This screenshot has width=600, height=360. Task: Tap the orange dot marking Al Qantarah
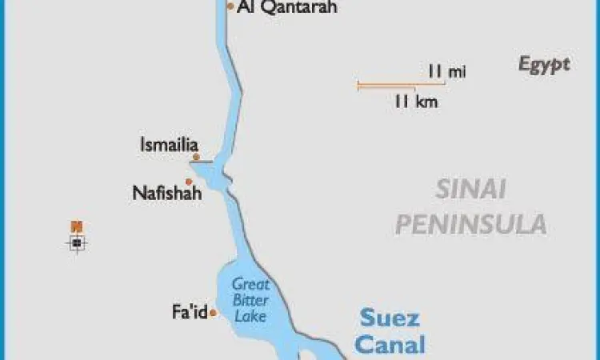(x=230, y=6)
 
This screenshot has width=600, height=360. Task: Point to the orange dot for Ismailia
(x=196, y=157)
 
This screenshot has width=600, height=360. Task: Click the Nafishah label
(x=167, y=194)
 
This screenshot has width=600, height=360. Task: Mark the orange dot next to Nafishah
(x=189, y=182)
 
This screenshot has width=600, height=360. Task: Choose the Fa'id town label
(x=189, y=311)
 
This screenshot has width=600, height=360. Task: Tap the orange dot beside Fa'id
(x=213, y=314)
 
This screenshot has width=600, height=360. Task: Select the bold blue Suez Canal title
(x=389, y=331)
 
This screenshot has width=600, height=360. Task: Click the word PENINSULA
(x=470, y=224)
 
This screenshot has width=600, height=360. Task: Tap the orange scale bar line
(x=386, y=83)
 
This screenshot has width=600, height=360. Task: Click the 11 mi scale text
(x=446, y=71)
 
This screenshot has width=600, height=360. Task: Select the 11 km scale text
(x=415, y=102)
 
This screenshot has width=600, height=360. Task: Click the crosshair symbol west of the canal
(x=77, y=242)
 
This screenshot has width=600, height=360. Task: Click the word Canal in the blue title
(x=389, y=345)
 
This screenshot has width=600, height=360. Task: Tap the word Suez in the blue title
(x=389, y=318)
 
